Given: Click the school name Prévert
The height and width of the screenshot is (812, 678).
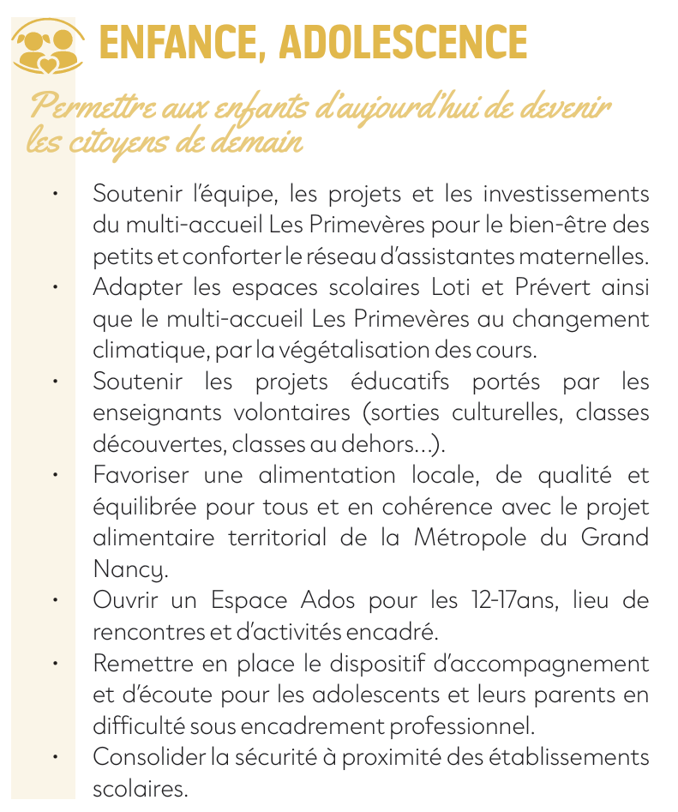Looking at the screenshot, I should [x=530, y=287].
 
